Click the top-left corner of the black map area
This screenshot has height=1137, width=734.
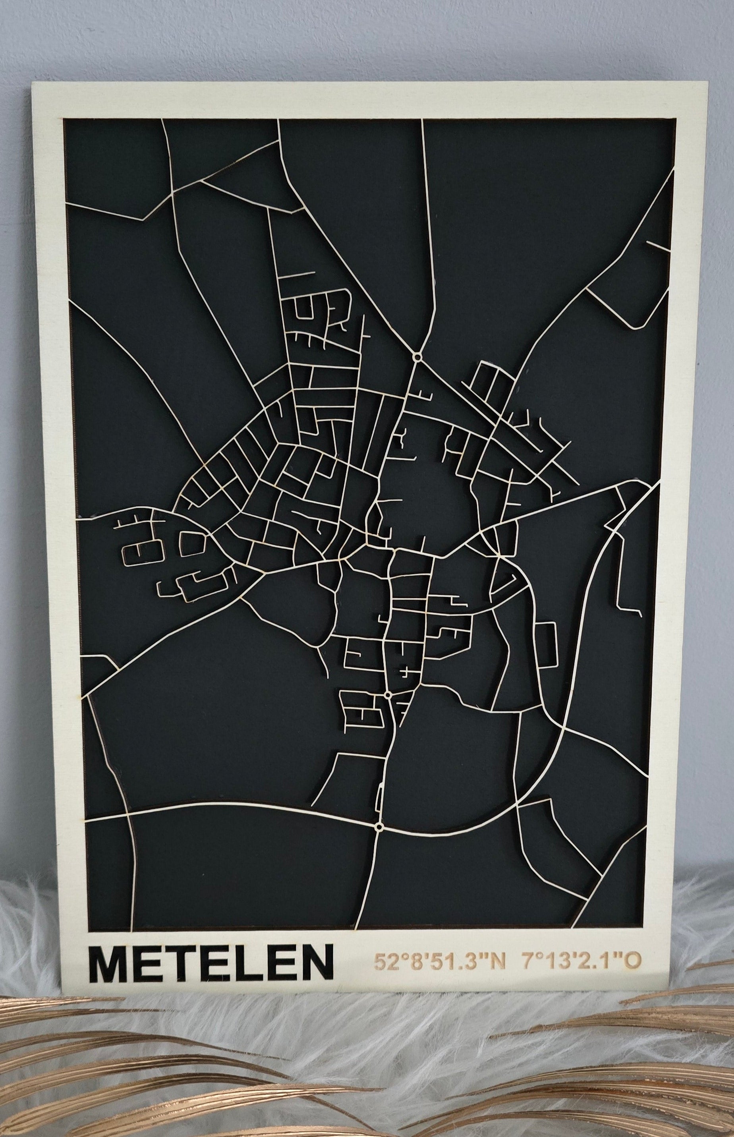pyautogui.click(x=64, y=120)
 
